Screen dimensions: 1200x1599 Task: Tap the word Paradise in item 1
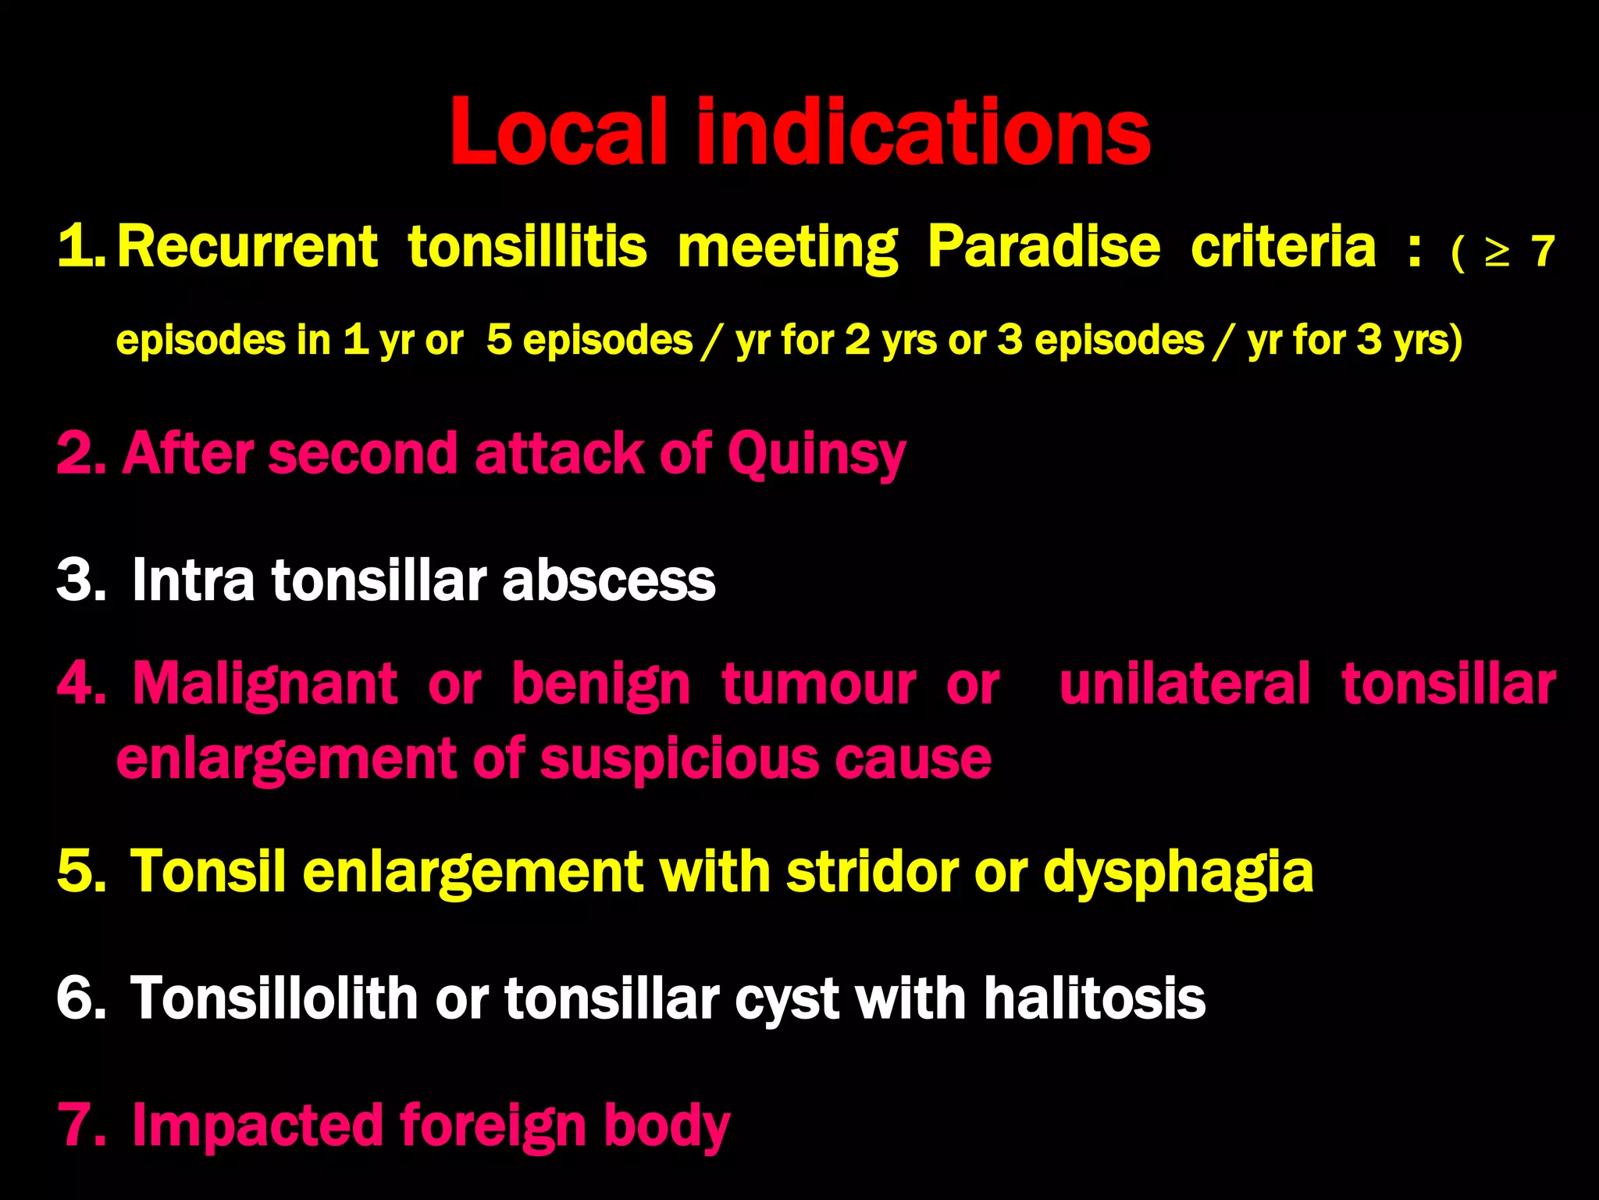point(1044,248)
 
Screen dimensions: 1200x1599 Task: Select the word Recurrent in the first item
point(248,248)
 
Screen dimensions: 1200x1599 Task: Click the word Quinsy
point(816,454)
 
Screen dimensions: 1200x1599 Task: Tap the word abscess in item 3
point(609,581)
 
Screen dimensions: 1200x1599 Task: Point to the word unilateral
point(1184,684)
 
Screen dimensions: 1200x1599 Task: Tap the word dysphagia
point(1178,873)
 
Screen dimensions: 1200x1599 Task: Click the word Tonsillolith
point(274,998)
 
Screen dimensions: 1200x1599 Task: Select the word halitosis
point(1095,998)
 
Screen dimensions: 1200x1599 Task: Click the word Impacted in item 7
point(257,1127)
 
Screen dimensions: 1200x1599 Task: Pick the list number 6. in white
point(80,998)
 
